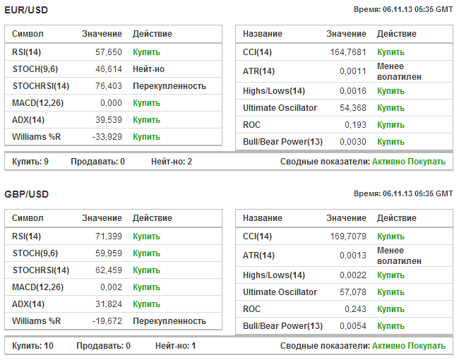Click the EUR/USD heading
pos(25,9)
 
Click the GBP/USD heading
pos(25,193)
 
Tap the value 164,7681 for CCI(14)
pos(349,52)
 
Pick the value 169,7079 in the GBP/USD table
pos(349,236)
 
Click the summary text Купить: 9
pos(30,162)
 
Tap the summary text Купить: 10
pos(32,346)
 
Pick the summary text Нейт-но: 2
pos(172,162)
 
